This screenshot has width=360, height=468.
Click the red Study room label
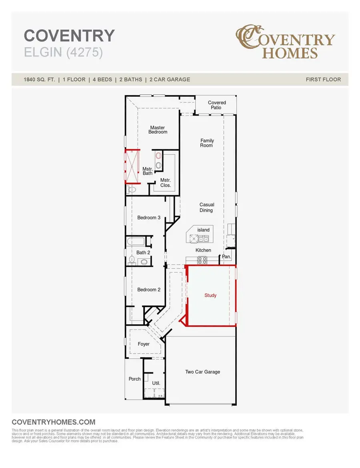[x=210, y=296]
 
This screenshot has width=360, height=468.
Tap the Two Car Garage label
[x=202, y=372]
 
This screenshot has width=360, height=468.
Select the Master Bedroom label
[x=158, y=130]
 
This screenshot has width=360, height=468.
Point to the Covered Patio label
[x=217, y=105]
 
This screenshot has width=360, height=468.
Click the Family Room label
[x=207, y=143]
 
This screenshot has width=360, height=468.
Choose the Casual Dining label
[x=207, y=207]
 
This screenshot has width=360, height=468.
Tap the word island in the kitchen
[x=203, y=230]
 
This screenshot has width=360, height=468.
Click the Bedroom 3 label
[x=149, y=218]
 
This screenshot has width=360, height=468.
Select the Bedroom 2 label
[x=149, y=290]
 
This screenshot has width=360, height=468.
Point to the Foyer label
[x=144, y=344]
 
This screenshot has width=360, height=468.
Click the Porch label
[x=135, y=379]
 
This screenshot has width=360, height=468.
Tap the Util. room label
[x=156, y=383]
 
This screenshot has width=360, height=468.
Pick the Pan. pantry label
[x=226, y=257]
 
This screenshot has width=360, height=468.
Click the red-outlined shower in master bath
[x=132, y=166]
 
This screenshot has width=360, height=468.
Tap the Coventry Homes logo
[x=285, y=42]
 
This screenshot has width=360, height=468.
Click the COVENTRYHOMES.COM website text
[x=54, y=422]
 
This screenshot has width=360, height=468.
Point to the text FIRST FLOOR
[x=323, y=80]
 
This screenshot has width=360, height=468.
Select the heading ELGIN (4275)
[x=64, y=53]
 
